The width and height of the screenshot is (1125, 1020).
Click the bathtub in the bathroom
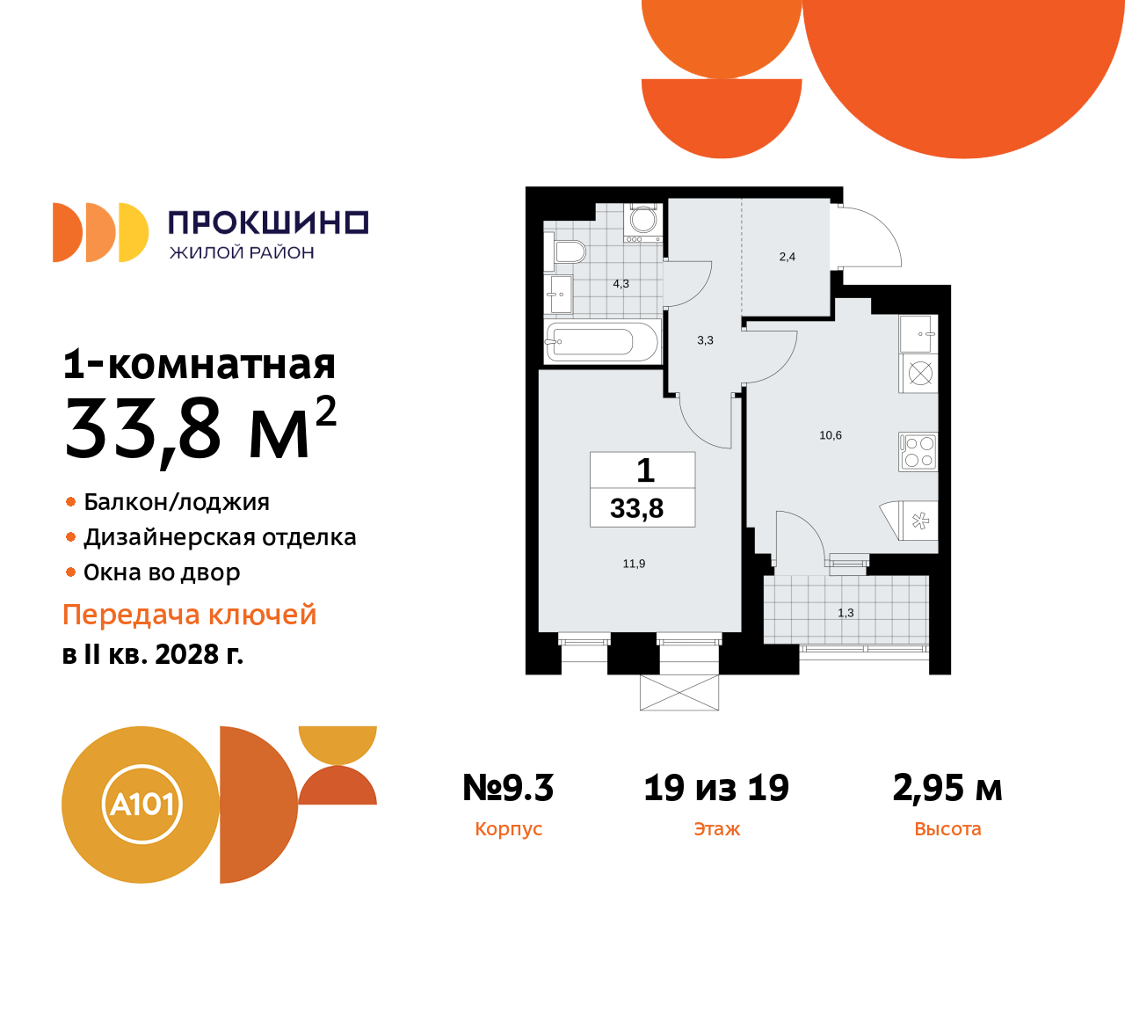602,341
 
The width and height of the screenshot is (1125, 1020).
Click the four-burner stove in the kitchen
918,452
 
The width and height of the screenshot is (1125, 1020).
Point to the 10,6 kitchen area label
831,435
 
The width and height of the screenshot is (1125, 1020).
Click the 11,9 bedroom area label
634,564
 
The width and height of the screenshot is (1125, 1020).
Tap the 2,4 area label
787,257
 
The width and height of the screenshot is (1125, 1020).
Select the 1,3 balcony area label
846,613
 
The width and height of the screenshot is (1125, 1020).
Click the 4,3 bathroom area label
621,284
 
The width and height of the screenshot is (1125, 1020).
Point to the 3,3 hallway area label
705,340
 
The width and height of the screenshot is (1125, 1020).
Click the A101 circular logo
142,805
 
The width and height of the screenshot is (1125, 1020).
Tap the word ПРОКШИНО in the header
268,222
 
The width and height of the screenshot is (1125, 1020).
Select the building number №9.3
508,788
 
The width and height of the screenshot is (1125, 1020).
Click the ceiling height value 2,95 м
947,788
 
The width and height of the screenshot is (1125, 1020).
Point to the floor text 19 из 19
716,788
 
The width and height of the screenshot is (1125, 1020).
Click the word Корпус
508,829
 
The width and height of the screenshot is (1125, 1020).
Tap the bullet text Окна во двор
162,572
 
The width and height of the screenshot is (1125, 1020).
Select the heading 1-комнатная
200,364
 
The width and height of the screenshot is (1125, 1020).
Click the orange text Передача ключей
189,615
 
